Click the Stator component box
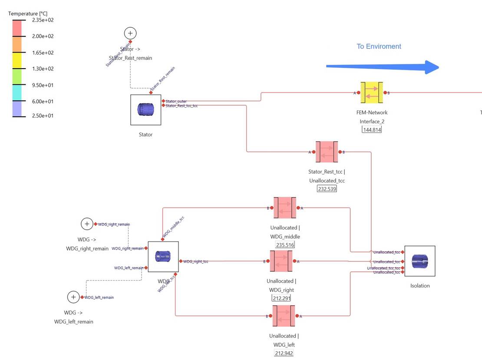(146, 110)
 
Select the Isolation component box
(420, 261)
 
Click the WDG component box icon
(163, 257)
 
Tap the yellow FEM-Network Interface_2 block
(371, 93)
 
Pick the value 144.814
(371, 129)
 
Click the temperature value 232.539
(327, 189)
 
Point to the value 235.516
(285, 245)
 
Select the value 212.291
(281, 298)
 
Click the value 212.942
(284, 353)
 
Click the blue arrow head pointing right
(432, 67)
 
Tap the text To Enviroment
(379, 46)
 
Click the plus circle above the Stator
(130, 33)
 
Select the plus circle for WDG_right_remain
(87, 224)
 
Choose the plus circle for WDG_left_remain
(73, 297)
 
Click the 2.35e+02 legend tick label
(43, 20)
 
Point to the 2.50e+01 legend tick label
(43, 116)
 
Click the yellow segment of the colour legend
(20, 60)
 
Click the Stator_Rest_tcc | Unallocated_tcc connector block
(327, 152)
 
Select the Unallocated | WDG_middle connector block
(285, 208)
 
